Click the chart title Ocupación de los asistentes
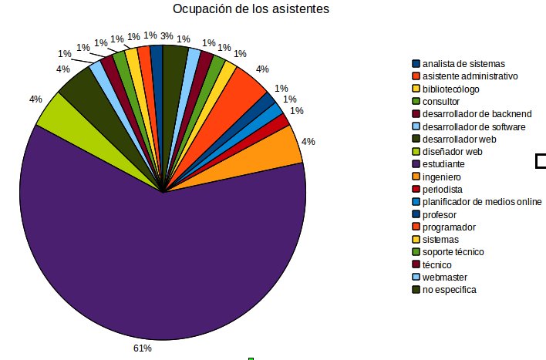pos(251,10)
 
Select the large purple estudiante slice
pos(154,262)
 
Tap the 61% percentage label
pos(143,348)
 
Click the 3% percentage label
pos(167,35)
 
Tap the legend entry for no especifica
pos(449,290)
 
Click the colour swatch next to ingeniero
pos(416,177)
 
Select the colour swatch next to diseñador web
pos(416,152)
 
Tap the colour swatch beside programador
pos(416,227)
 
